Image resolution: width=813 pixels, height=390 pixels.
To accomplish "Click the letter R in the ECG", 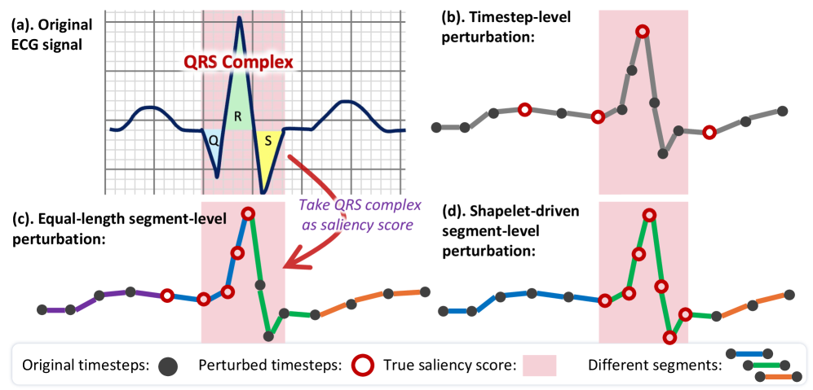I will pos(237,116).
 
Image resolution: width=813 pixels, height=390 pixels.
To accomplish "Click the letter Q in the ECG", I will pos(213,139).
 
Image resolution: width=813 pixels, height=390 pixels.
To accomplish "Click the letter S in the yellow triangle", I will pos(266,140).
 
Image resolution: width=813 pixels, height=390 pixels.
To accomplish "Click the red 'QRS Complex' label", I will pos(238,63).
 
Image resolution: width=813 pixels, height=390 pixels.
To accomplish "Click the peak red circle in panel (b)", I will pos(643,32).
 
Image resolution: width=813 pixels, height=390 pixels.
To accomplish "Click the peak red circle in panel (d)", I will pos(649,215).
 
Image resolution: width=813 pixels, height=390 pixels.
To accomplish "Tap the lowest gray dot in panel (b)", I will pos(665,154).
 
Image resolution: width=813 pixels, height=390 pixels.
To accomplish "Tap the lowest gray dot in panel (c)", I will pos(269,335).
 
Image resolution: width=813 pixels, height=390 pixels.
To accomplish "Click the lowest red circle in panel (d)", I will pos(669,337).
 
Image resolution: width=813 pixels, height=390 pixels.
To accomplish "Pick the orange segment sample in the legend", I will pos(778,377).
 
